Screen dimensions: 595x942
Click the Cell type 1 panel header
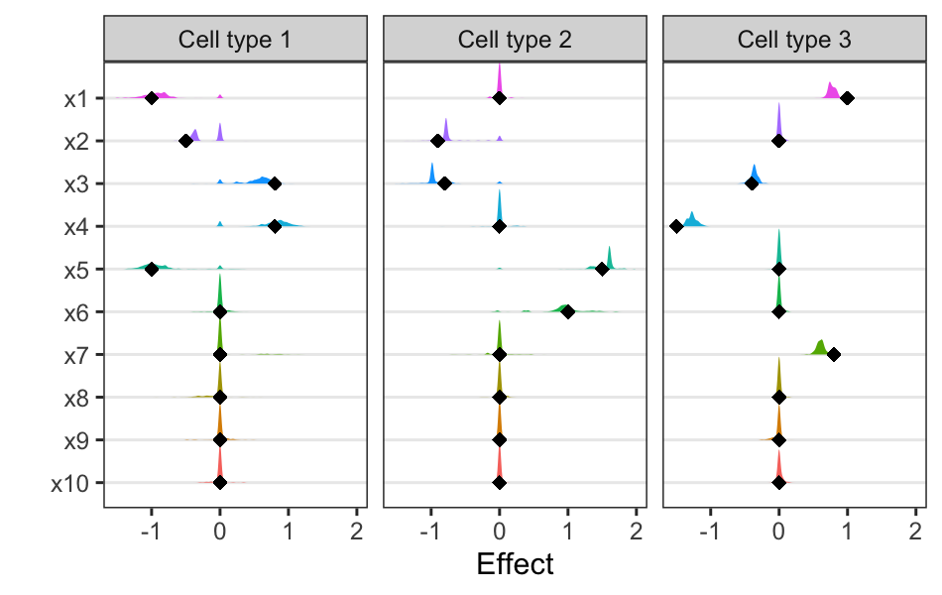[x=235, y=40]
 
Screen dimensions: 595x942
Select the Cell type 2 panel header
[x=515, y=40]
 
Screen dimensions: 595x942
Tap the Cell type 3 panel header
[x=794, y=40]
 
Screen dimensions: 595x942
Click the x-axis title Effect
[x=515, y=565]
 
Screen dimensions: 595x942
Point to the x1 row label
[x=76, y=98]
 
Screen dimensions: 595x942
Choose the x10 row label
[x=71, y=483]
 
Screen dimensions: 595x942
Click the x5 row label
[x=76, y=269]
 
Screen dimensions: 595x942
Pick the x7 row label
[x=76, y=354]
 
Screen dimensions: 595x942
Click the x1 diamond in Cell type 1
[x=152, y=98]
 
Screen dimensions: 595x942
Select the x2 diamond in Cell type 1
[x=185, y=141]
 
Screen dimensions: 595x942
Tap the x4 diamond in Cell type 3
[x=676, y=226]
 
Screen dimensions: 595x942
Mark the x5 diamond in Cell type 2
[x=602, y=269]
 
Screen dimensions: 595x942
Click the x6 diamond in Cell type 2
[x=568, y=311]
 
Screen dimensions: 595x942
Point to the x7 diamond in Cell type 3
[x=834, y=354]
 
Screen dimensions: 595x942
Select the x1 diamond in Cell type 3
[x=848, y=98]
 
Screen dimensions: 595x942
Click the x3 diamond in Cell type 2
[x=445, y=183]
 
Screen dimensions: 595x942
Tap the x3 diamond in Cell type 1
[x=275, y=183]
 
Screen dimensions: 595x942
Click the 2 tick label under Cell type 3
[x=915, y=531]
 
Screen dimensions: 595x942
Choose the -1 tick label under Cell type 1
[x=150, y=531]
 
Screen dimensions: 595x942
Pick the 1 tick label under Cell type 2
[x=568, y=531]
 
